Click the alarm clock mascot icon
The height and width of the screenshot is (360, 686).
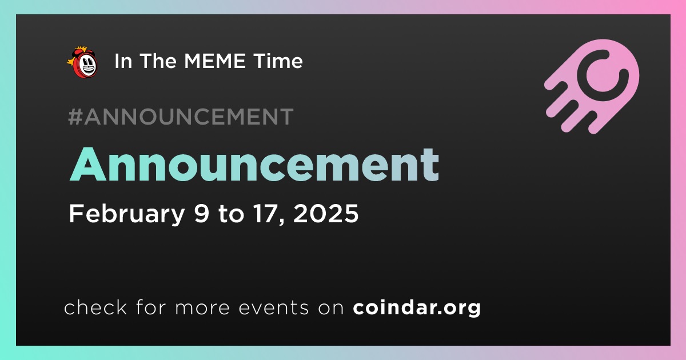click(83, 62)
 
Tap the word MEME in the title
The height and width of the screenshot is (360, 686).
click(215, 61)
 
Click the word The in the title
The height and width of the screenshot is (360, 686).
click(158, 61)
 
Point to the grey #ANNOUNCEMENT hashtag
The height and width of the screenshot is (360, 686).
click(181, 117)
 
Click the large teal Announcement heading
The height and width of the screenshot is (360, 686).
click(254, 165)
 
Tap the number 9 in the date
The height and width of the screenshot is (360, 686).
click(201, 213)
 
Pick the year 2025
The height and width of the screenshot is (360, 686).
click(326, 213)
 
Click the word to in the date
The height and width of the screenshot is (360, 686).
click(231, 214)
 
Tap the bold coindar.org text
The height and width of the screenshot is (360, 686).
click(417, 308)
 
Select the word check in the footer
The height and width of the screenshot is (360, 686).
click(95, 307)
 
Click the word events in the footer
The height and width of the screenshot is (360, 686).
click(273, 308)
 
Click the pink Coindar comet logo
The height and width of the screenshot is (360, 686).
click(592, 86)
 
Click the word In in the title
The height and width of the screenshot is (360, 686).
click(123, 61)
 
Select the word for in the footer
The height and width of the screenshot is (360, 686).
click(151, 307)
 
